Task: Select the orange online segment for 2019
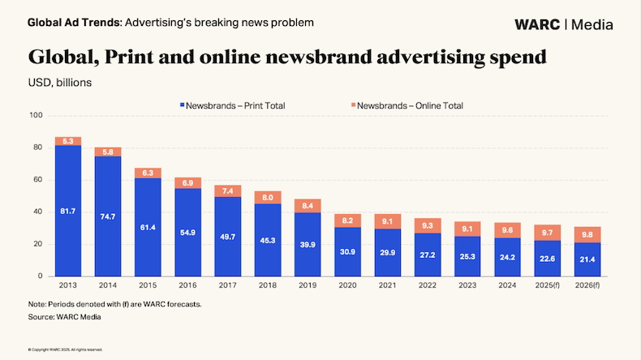click(308, 206)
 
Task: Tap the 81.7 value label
click(68, 212)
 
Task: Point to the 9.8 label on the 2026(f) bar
click(586, 235)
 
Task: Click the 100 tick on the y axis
click(36, 115)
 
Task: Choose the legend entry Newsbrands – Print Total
click(231, 105)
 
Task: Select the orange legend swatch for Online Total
click(352, 105)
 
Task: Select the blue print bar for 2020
click(347, 251)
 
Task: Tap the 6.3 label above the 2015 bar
click(148, 173)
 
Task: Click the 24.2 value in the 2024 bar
click(506, 258)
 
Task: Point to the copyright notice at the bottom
click(65, 349)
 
